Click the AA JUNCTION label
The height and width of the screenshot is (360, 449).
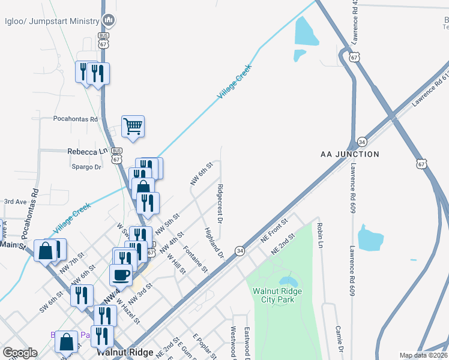point(350,154)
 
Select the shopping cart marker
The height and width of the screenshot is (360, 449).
point(133,127)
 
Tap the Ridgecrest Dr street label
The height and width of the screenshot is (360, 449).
point(220,204)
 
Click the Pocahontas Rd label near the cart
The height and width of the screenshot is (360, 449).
point(75,119)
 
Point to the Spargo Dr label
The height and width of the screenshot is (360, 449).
point(86,167)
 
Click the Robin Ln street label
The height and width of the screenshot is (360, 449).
point(320,237)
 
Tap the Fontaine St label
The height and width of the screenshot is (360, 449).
point(196,258)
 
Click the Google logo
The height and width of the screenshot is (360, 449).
point(20,353)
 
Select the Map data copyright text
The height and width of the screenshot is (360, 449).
point(423,355)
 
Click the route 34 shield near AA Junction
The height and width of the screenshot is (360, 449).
point(361,142)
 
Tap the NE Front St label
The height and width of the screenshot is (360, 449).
point(275,230)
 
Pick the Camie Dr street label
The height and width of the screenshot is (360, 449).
point(340,343)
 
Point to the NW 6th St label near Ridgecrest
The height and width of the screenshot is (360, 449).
point(202,172)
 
